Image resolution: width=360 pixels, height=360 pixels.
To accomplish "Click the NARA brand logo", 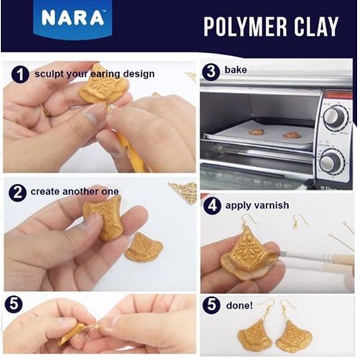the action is pos(73,19).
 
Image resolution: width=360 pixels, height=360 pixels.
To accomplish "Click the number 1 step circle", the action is pos(20,74).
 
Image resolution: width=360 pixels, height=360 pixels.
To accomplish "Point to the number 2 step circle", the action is pos(17,192).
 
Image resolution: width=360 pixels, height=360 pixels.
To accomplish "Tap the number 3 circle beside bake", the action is pos(211,71).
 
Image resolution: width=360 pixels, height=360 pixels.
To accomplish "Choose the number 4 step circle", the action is pos(212,206).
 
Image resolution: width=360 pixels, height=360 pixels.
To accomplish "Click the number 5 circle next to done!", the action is pos(211,305).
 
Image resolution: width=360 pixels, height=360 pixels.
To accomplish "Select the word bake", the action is pos(235,70).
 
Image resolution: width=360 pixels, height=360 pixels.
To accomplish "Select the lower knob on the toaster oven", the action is pos(333,161).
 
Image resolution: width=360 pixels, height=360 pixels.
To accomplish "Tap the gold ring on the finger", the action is pos(46,110).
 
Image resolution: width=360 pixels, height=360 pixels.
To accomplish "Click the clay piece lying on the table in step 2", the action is pos(145,248).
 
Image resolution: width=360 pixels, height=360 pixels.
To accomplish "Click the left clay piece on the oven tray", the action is pos(256,132).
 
